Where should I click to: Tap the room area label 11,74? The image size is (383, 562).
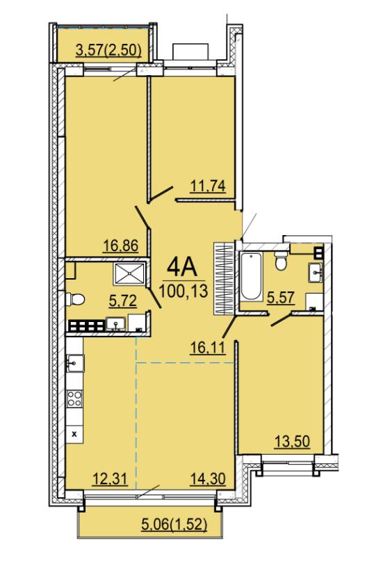pos(208,186)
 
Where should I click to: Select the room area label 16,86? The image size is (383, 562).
pos(121,246)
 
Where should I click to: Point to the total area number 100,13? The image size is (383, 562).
pos(184,290)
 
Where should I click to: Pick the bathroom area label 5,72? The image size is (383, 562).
pos(122,300)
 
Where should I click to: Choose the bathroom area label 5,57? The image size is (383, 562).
pos(281,297)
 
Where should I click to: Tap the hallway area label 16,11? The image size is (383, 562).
pos(208,347)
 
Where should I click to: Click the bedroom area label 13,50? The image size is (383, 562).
pos(292,441)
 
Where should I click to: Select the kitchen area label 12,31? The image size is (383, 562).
pos(110,479)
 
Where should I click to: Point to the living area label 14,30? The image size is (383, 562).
pos(208,479)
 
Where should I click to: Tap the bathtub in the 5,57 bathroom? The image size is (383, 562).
pos(251,277)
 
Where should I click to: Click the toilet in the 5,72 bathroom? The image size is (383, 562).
pos(75,299)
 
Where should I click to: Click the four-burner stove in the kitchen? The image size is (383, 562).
pos(74,399)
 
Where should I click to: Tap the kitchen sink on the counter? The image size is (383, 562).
pos(75,363)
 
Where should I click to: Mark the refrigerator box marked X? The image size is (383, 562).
pos(74,435)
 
